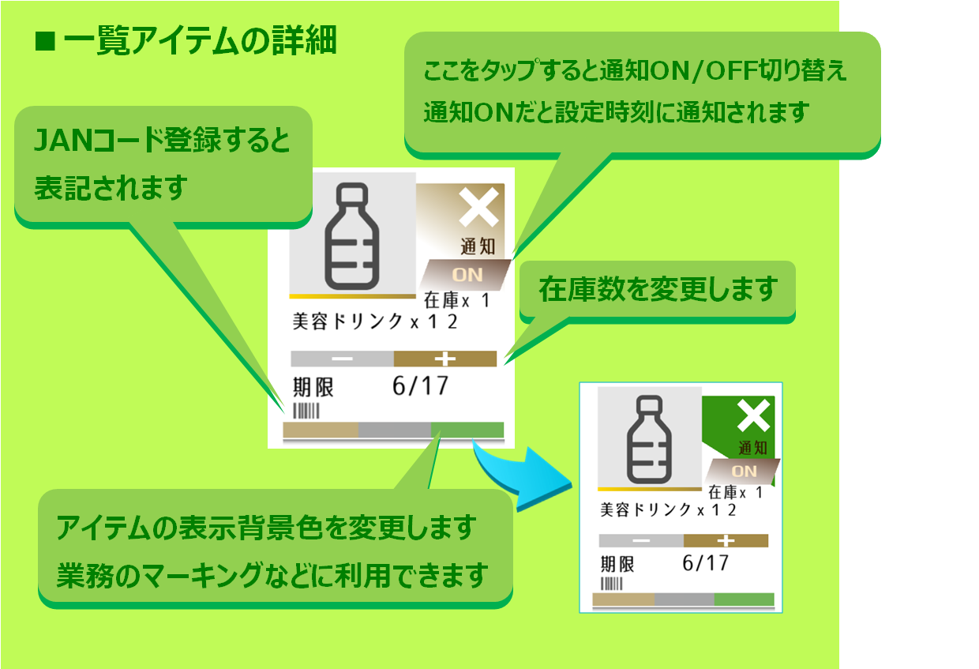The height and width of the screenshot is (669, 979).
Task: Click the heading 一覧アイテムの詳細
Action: tap(186, 42)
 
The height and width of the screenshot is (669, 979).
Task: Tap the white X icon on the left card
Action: tap(479, 209)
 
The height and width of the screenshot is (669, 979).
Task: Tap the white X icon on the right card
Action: tap(754, 416)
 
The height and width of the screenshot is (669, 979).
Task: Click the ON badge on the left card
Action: tap(466, 275)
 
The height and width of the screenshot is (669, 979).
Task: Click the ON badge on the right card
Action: tap(744, 471)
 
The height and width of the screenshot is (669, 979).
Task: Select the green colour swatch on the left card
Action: tap(467, 430)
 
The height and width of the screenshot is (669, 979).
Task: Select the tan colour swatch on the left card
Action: tap(321, 430)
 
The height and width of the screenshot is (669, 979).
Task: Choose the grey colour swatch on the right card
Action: tap(685, 599)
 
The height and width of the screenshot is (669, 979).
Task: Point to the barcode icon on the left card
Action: tap(306, 411)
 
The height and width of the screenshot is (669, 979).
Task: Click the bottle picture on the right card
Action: tap(649, 437)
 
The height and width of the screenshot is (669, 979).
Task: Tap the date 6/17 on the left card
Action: tap(420, 385)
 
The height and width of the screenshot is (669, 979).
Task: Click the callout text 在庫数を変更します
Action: tap(658, 290)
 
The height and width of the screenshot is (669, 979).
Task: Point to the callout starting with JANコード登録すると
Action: tap(163, 163)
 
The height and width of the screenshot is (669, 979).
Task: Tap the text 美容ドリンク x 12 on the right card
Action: tap(668, 509)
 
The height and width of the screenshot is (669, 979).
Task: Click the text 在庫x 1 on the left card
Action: tap(457, 301)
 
